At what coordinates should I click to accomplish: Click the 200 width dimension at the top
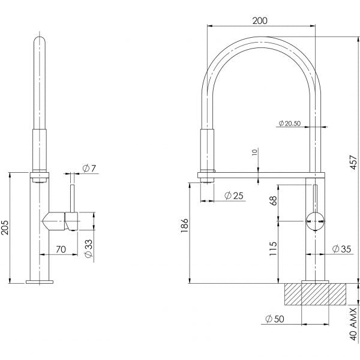[260, 20]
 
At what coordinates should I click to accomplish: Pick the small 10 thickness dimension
[255, 153]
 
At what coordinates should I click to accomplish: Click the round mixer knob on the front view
[314, 221]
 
